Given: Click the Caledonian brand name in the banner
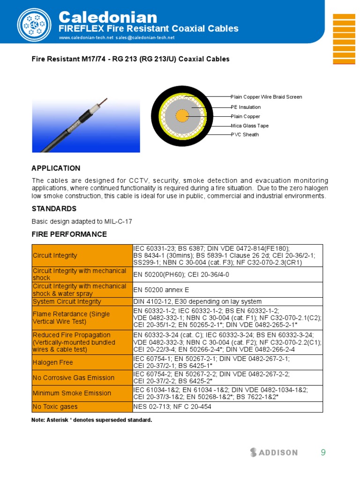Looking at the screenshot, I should (x=107, y=17).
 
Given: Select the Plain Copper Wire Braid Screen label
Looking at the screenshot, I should (x=266, y=97).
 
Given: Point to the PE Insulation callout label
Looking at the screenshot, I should (x=246, y=107).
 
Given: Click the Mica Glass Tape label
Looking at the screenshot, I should (x=249, y=126).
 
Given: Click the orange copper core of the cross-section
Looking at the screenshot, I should (x=182, y=116).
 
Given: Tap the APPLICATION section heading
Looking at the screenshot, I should (x=56, y=168).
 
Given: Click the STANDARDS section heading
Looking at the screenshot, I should (x=54, y=209).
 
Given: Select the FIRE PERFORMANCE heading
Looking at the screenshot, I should (x=69, y=234).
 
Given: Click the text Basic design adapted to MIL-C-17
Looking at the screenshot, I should (x=82, y=222).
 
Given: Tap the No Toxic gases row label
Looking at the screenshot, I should (x=55, y=407).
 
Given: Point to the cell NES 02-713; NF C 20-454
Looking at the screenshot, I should (x=172, y=407).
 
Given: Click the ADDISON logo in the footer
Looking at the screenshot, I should (x=274, y=452).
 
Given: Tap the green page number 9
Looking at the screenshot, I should (x=323, y=452).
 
